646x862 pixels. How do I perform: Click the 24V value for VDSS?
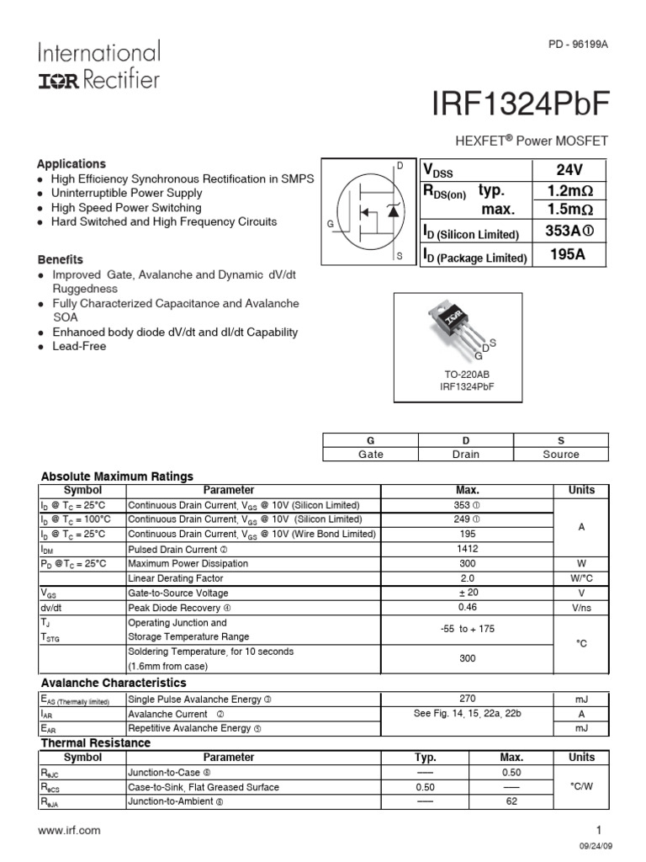click(569, 169)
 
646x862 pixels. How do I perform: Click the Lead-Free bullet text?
click(79, 346)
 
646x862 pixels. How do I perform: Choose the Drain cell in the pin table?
click(465, 454)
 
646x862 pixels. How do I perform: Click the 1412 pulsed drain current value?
click(468, 549)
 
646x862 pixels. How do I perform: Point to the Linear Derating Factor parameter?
click(176, 578)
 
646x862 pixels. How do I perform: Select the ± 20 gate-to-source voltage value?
click(468, 593)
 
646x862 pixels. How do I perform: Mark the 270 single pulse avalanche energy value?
click(468, 699)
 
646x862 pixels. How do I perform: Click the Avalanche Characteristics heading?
click(114, 683)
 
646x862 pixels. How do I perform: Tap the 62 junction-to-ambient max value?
click(511, 801)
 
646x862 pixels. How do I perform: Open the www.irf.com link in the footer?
click(69, 830)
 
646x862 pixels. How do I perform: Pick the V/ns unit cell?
click(581, 607)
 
